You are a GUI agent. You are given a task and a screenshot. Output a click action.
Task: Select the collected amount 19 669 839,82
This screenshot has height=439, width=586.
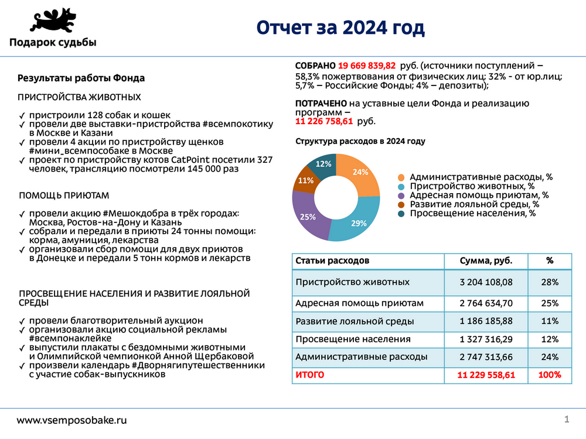tap(367, 66)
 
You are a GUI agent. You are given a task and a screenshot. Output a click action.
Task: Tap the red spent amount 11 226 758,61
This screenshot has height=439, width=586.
tap(323, 121)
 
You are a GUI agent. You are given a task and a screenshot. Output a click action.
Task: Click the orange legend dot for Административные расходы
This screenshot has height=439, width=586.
tap(401, 177)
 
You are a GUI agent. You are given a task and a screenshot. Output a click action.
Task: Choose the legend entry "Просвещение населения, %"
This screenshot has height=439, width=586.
tap(472, 214)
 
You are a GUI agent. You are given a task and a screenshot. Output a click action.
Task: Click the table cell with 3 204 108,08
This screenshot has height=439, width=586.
tap(486, 282)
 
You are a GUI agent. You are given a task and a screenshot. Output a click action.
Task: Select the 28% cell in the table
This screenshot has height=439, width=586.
tap(550, 282)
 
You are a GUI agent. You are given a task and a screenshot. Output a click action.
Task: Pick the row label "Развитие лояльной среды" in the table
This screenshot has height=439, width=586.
tap(355, 321)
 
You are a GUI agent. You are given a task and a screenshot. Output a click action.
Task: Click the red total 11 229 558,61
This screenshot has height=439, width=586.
tap(486, 375)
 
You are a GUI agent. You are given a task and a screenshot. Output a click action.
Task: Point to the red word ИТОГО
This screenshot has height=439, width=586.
tap(310, 375)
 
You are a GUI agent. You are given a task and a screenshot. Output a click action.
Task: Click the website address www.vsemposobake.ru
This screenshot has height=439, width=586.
tap(71, 420)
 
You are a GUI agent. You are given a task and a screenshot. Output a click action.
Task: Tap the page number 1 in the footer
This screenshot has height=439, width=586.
tap(567, 419)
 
